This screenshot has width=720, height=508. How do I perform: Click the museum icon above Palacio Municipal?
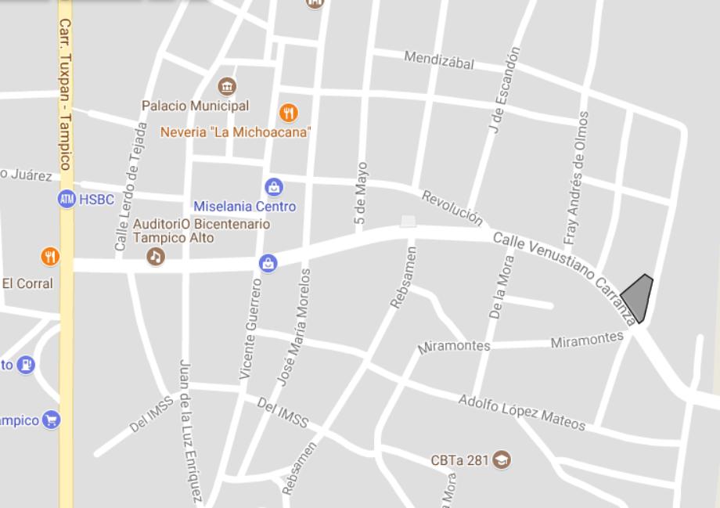(x=228, y=86)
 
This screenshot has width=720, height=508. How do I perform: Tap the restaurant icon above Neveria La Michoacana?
(x=289, y=113)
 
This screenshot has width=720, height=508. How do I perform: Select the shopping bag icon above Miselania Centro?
(x=274, y=187)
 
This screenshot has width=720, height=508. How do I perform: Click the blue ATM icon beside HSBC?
(x=67, y=200)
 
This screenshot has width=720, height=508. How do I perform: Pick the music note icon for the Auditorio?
(x=156, y=256)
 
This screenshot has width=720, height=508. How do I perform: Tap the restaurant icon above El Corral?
(x=49, y=256)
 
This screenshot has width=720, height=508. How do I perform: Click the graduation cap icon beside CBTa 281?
(x=502, y=459)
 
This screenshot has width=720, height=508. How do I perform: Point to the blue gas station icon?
(x=26, y=364)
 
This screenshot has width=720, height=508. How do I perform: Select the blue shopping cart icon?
(x=51, y=420)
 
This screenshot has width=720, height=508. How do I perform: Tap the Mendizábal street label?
(x=439, y=60)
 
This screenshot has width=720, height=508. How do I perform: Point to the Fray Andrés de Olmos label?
(x=576, y=178)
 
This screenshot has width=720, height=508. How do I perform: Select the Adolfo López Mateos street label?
(x=522, y=413)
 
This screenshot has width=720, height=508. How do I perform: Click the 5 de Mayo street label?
(x=361, y=194)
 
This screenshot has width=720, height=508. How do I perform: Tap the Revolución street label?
(x=452, y=207)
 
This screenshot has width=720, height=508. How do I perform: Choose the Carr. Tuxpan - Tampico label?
(x=65, y=94)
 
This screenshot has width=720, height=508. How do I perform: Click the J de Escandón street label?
(x=505, y=90)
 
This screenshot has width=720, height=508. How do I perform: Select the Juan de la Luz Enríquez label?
(x=192, y=431)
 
